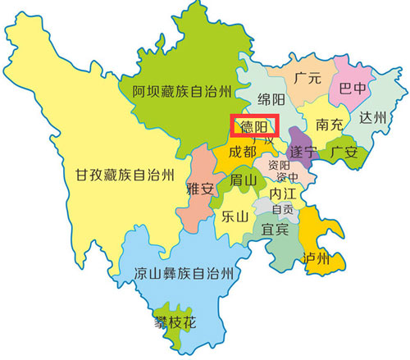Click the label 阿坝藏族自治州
point(183,91)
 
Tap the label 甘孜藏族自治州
point(121,174)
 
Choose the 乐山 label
point(235,217)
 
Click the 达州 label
point(371,117)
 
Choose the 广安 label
point(344,152)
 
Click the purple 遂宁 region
point(304,152)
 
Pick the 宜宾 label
point(276,230)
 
